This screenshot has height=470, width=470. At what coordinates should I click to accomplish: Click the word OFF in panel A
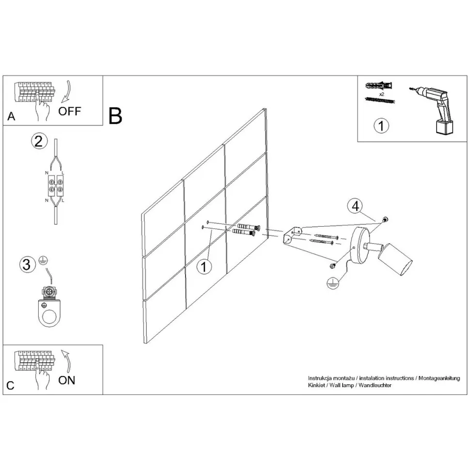tap(70, 111)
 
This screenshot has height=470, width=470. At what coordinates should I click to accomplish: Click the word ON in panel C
tap(66, 380)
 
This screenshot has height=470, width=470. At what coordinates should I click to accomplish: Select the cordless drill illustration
tap(432, 110)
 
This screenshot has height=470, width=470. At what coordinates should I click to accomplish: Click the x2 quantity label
tap(382, 94)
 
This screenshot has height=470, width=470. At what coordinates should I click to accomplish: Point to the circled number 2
tap(39, 141)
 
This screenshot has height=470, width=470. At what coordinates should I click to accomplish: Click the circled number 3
tap(27, 265)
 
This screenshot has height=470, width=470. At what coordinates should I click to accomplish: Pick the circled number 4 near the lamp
tap(355, 206)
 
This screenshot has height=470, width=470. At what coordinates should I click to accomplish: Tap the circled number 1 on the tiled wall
tap(204, 266)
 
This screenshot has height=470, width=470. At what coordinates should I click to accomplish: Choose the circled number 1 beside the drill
tap(381, 126)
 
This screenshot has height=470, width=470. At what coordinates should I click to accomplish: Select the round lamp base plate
tap(360, 246)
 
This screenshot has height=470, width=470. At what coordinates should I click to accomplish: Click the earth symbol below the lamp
tap(333, 282)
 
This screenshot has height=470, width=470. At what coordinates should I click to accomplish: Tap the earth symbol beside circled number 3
tap(43, 261)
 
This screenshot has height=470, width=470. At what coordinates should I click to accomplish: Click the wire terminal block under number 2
tap(56, 186)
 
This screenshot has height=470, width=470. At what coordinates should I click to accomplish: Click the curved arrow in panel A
tap(66, 91)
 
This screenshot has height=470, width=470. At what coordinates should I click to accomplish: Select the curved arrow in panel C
tap(66, 361)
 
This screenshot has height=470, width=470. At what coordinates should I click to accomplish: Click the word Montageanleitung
tap(439, 378)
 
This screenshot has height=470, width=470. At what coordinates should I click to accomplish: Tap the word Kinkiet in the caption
tap(316, 385)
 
